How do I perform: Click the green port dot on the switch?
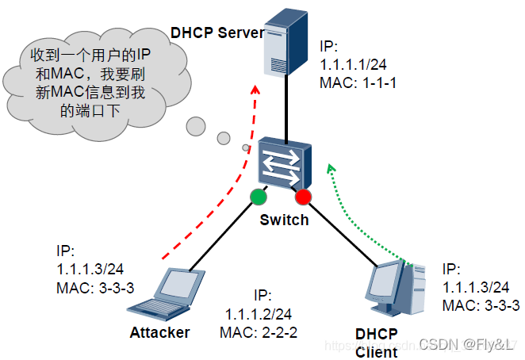point(259,195)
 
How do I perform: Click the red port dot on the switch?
point(304,197)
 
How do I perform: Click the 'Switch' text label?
point(284,220)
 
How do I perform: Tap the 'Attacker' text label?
point(159,332)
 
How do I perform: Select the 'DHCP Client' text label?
point(376,342)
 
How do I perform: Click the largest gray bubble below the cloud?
point(196,125)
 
